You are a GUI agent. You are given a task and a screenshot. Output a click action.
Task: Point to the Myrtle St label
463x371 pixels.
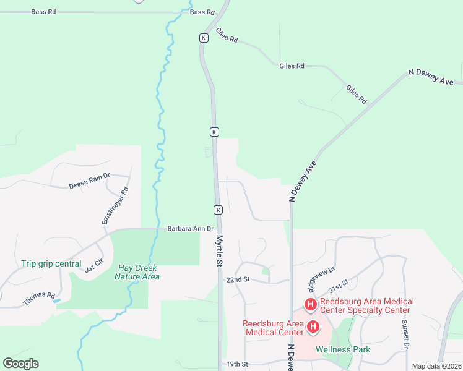(x=219, y=250)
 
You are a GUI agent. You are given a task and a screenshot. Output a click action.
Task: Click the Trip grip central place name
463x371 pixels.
(x=51, y=263)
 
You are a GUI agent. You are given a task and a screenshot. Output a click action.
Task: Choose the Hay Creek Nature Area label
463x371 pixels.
(x=137, y=272)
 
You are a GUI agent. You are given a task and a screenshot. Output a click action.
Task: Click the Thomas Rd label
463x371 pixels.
(x=39, y=299)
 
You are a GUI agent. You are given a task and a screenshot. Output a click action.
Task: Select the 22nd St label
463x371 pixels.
(x=237, y=279)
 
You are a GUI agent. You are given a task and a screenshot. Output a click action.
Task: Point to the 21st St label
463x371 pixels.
(x=339, y=286)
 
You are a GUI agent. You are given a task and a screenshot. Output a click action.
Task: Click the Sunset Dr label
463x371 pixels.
(x=405, y=334)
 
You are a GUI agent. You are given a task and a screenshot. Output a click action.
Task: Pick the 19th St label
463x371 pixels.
(x=237, y=364)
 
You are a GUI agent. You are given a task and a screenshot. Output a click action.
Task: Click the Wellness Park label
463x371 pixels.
(x=343, y=349)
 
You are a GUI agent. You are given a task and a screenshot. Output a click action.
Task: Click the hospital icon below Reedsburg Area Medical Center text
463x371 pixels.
(x=314, y=326)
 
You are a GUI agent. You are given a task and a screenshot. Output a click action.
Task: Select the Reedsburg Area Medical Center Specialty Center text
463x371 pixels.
(x=365, y=305)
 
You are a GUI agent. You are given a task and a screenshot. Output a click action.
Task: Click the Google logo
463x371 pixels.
(x=20, y=364)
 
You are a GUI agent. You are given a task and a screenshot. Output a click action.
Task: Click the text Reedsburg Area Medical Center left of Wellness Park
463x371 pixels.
(x=273, y=328)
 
